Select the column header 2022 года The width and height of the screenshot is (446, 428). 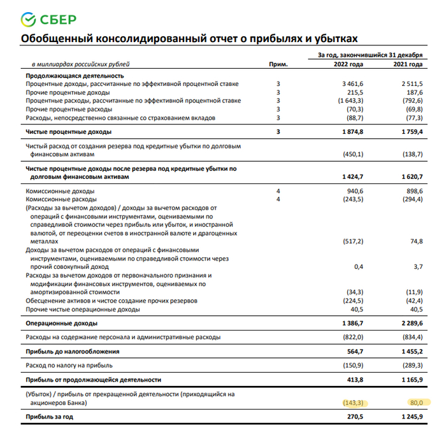pos(349,65)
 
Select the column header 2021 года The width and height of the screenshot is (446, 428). pos(408,65)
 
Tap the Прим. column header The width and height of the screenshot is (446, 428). pos(278,65)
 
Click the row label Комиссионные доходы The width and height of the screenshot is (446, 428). pos(60,191)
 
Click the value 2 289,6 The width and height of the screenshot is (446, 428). pos(410,324)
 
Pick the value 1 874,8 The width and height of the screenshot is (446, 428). pos(351,132)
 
